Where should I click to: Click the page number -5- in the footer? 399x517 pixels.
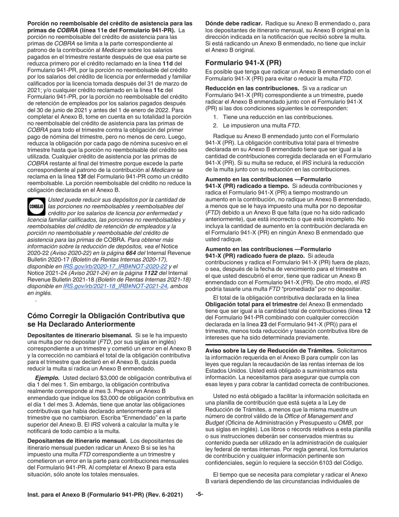click(x=199, y=495)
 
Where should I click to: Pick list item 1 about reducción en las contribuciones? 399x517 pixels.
click(x=278, y=117)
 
